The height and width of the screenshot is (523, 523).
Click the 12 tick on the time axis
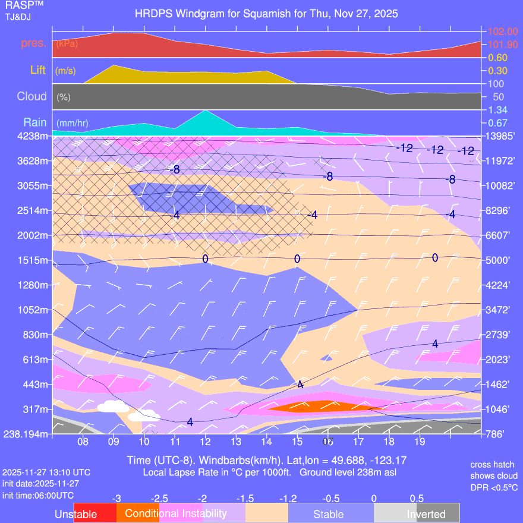pyautogui.click(x=205, y=442)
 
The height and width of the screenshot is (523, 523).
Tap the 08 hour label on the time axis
pyautogui.click(x=83, y=442)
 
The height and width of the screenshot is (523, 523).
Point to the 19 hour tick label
pyautogui.click(x=419, y=442)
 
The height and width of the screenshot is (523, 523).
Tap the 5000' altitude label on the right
pyautogui.click(x=499, y=260)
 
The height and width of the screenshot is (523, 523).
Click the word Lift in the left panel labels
pyautogui.click(x=39, y=70)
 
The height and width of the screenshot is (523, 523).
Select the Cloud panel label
pyautogui.click(x=32, y=96)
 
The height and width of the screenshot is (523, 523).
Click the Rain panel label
pyautogui.click(x=34, y=122)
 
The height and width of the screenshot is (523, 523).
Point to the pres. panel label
pyautogui.click(x=34, y=43)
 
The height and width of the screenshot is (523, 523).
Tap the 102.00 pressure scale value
pyautogui.click(x=503, y=31)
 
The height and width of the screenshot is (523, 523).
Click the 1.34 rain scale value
pyautogui.click(x=497, y=110)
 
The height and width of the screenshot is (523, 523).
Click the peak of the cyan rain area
pyautogui.click(x=205, y=111)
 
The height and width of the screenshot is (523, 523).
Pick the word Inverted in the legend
pyautogui.click(x=426, y=514)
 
